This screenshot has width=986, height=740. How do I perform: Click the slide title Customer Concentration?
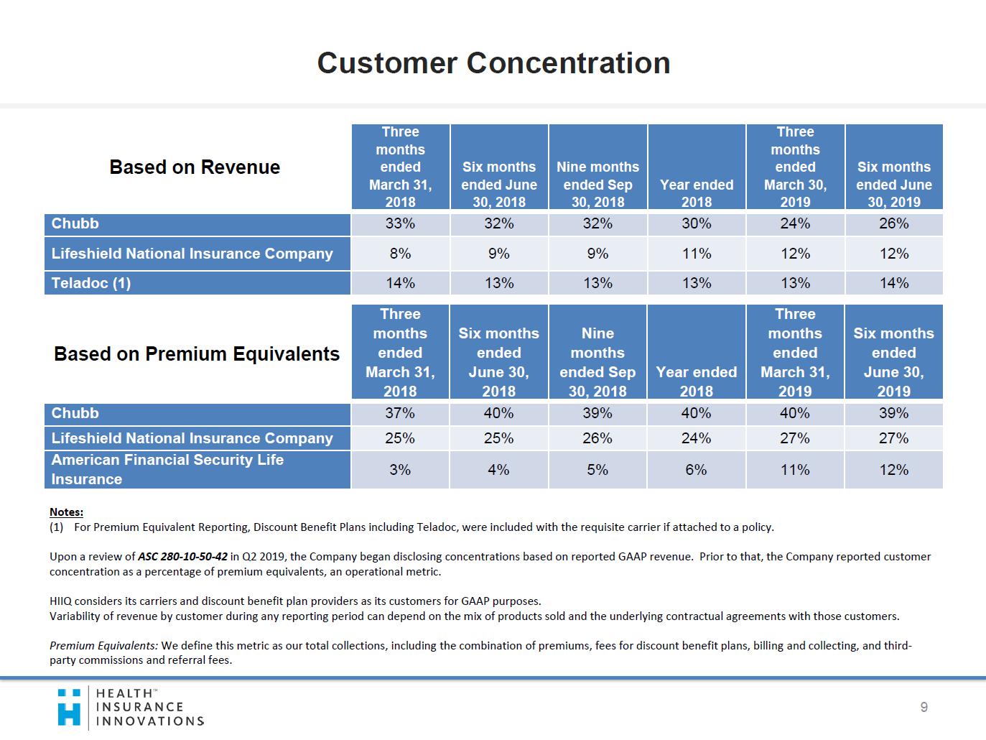point(493,63)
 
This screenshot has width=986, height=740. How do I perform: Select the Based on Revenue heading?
point(195,167)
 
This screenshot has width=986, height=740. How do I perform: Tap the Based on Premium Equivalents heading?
point(197,354)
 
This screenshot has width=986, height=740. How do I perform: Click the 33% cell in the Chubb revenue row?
point(400,223)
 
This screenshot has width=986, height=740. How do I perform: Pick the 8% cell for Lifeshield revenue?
point(400,254)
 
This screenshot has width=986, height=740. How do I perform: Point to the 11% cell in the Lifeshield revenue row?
point(696,254)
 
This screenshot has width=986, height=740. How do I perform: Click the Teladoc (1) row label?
point(91,283)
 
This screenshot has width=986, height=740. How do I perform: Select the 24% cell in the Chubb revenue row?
point(795,223)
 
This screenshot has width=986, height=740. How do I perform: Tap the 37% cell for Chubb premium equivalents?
point(400,413)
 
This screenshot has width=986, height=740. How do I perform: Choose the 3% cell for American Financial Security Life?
point(400,470)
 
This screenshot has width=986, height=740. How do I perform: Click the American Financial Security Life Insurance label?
point(167,469)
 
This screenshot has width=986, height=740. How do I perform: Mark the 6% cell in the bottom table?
point(696,470)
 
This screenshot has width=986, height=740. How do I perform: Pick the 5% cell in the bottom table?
point(597,470)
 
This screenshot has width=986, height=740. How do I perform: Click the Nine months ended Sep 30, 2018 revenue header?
point(597,184)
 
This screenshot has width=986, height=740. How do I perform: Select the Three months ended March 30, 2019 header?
point(795,167)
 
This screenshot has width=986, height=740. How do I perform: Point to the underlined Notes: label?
point(66,512)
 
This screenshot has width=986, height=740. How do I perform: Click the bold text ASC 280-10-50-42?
point(182,557)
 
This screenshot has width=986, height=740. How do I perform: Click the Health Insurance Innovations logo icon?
point(70,707)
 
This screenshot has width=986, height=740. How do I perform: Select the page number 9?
point(924,708)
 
